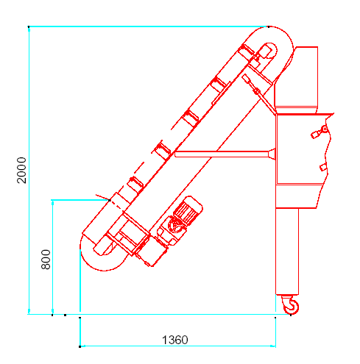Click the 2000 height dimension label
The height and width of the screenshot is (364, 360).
pyautogui.click(x=21, y=170)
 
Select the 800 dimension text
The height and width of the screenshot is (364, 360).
pyautogui.click(x=46, y=260)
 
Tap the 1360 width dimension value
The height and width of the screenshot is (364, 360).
pyautogui.click(x=175, y=340)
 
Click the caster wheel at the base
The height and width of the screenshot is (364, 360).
pyautogui.click(x=291, y=304)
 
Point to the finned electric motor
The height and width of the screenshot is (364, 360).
pyautogui.click(x=188, y=210)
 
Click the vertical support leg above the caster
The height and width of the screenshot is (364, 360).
pyautogui.click(x=287, y=251)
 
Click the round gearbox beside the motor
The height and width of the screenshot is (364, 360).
pyautogui.click(x=174, y=225)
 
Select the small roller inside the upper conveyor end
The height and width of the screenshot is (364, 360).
pyautogui.click(x=269, y=50)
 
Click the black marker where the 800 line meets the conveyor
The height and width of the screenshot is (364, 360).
pyautogui.click(x=110, y=200)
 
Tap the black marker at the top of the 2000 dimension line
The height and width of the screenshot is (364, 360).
pyautogui.click(x=29, y=26)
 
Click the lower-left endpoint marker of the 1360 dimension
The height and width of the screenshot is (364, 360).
pyautogui.click(x=80, y=346)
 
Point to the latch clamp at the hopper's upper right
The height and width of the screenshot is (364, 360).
pyautogui.click(x=320, y=132)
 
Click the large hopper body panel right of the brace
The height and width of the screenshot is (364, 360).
pyautogui.click(x=301, y=149)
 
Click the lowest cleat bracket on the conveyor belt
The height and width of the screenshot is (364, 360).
pyautogui.click(x=135, y=185)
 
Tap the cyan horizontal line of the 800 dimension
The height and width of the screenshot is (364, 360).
pyautogui.click(x=80, y=200)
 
